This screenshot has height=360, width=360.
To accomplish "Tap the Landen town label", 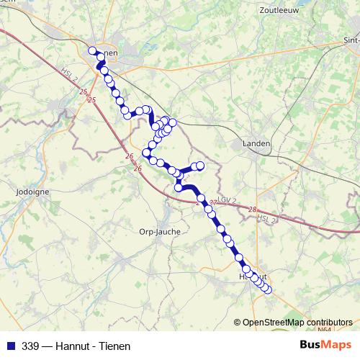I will click(x=256, y=143).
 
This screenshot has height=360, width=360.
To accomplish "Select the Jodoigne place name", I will click(x=31, y=192).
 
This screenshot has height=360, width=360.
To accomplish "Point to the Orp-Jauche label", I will click(x=158, y=232).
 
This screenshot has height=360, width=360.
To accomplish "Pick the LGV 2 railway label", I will click(x=227, y=199).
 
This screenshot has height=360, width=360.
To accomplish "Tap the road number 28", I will click(x=252, y=209).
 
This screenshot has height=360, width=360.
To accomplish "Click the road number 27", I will click(x=213, y=204).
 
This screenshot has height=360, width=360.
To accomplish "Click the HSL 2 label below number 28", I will click(x=266, y=219).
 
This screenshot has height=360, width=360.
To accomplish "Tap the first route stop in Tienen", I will click(x=91, y=50).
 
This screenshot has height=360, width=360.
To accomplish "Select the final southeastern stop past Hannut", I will click(x=269, y=290).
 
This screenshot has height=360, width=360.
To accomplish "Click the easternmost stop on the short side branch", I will click(x=201, y=166).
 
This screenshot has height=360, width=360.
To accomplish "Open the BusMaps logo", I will click(x=325, y=345).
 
